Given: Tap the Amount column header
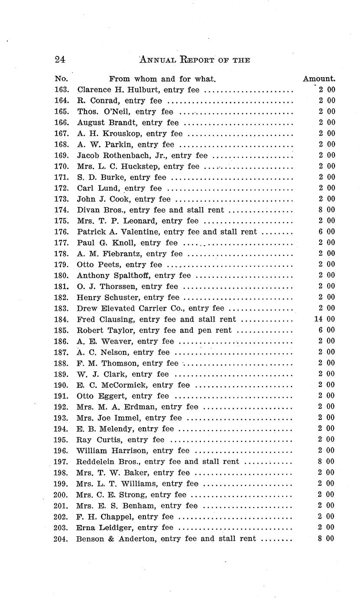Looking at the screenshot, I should point(319,79).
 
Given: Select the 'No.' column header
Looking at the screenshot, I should point(61,79).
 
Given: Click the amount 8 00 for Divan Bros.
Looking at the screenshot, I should point(327,210).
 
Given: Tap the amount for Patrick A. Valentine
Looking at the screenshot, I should point(327,232).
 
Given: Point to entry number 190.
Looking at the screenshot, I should point(62,385).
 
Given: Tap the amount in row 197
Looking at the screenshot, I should point(327,461).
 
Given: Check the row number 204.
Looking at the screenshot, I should point(62,539).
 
